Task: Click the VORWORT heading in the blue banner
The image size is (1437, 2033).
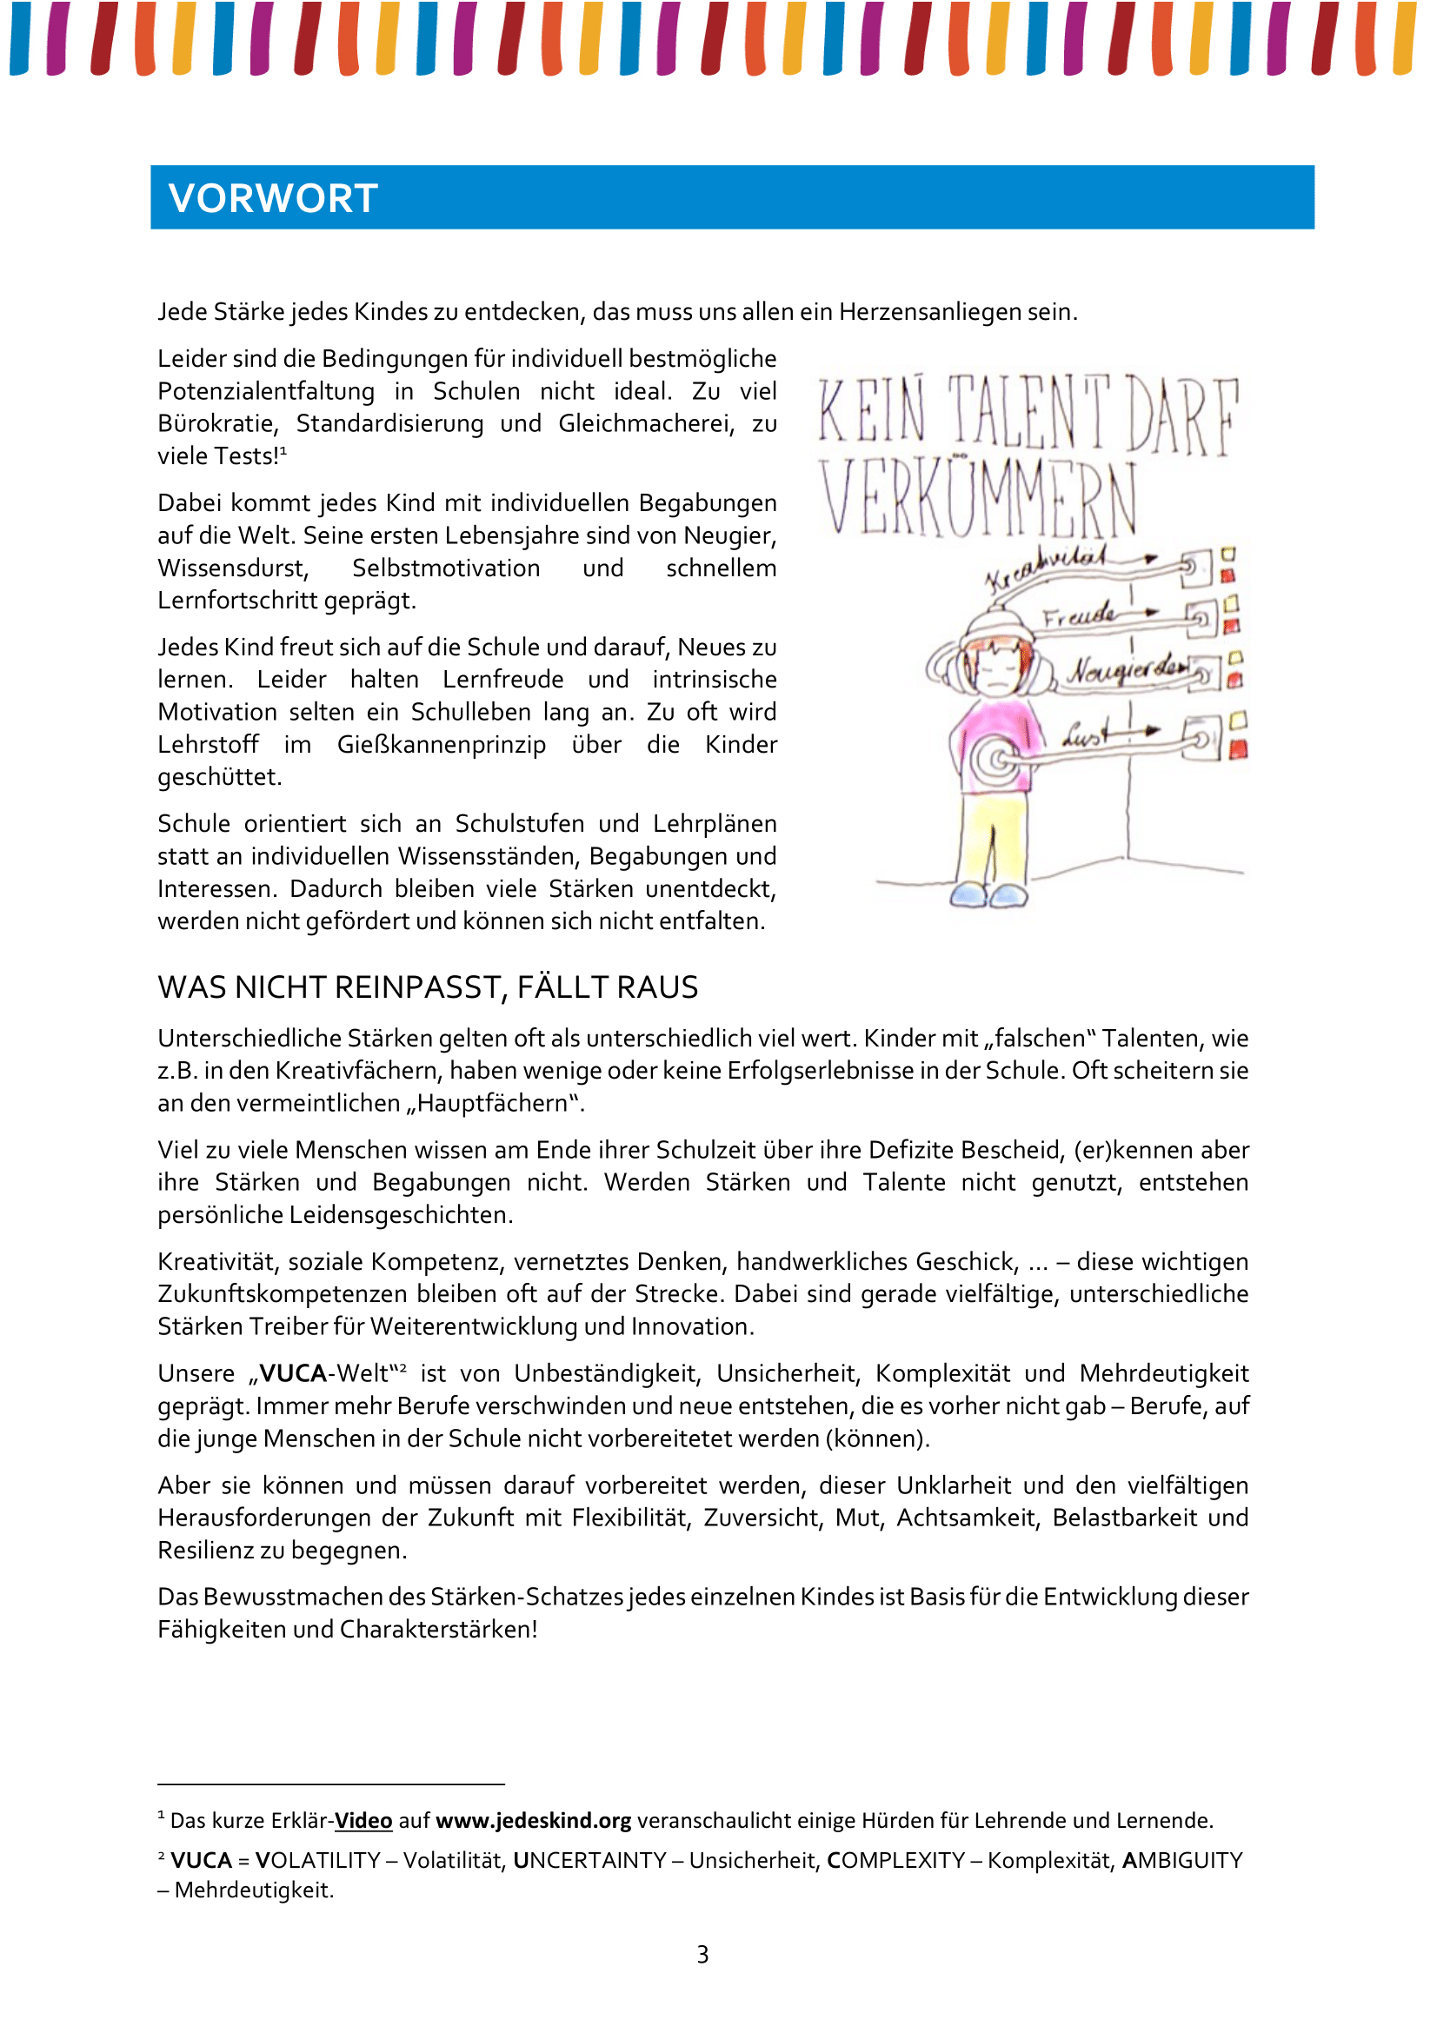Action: click(x=273, y=198)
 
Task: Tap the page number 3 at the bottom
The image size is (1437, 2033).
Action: click(x=703, y=1954)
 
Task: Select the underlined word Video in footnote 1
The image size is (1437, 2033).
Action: click(x=363, y=1821)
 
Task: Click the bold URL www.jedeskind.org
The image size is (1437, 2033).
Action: click(x=533, y=1821)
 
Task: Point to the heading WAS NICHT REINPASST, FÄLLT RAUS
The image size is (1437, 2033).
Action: click(x=428, y=987)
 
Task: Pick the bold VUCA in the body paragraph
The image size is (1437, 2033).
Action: click(x=292, y=1373)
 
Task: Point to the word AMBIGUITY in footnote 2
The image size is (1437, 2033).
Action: click(x=1182, y=1860)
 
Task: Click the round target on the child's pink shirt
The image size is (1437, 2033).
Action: click(x=998, y=759)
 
